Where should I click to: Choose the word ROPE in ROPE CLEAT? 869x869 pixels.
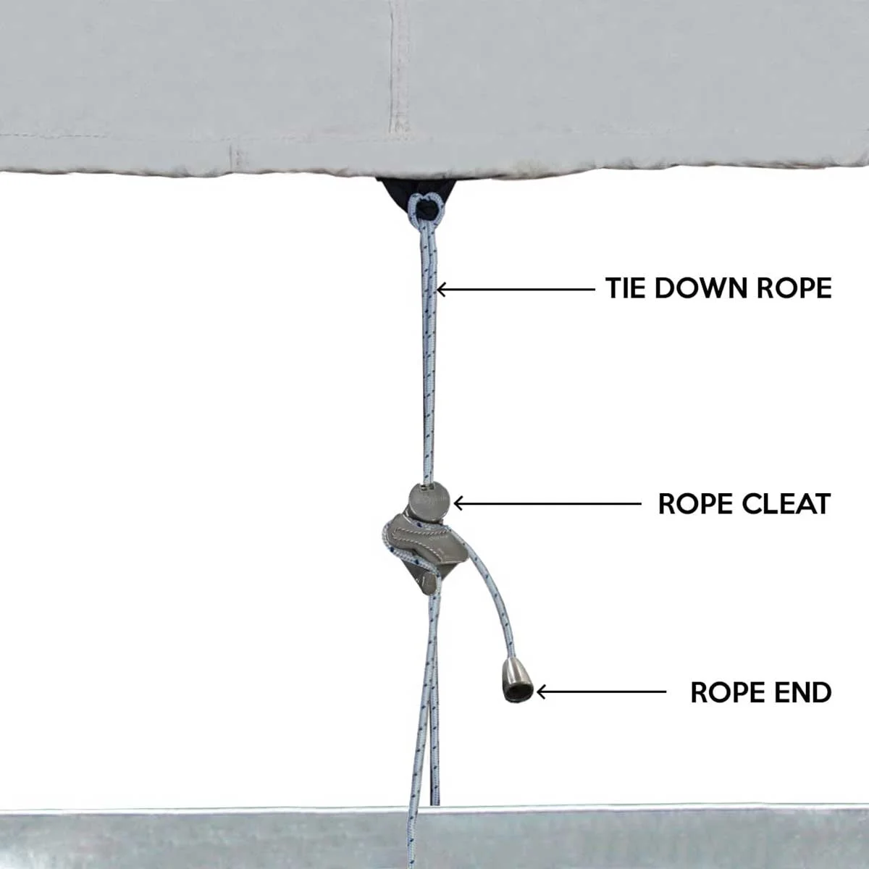tap(695, 503)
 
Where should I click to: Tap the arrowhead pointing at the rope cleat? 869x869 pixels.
tap(458, 503)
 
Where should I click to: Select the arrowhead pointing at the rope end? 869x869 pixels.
tap(541, 692)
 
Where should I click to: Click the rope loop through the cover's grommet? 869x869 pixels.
tap(425, 208)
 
